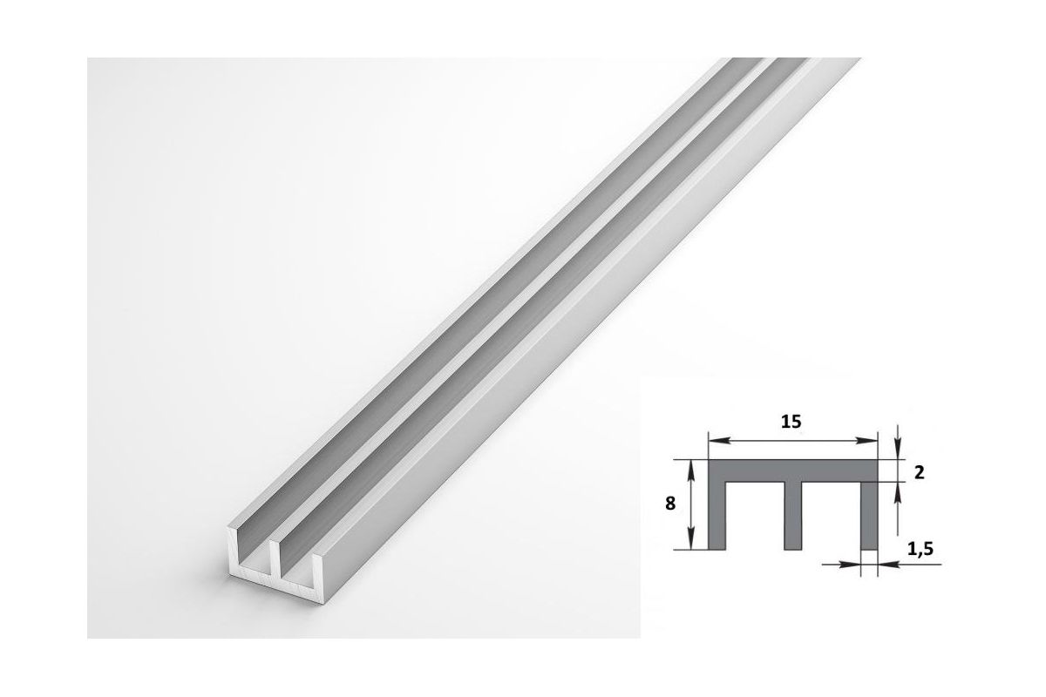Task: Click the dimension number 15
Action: click(791, 421)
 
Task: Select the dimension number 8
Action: click(670, 504)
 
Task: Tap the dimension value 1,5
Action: click(920, 549)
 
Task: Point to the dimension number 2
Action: click(919, 472)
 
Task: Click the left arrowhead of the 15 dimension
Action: click(717, 440)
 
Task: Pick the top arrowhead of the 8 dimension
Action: click(691, 468)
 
